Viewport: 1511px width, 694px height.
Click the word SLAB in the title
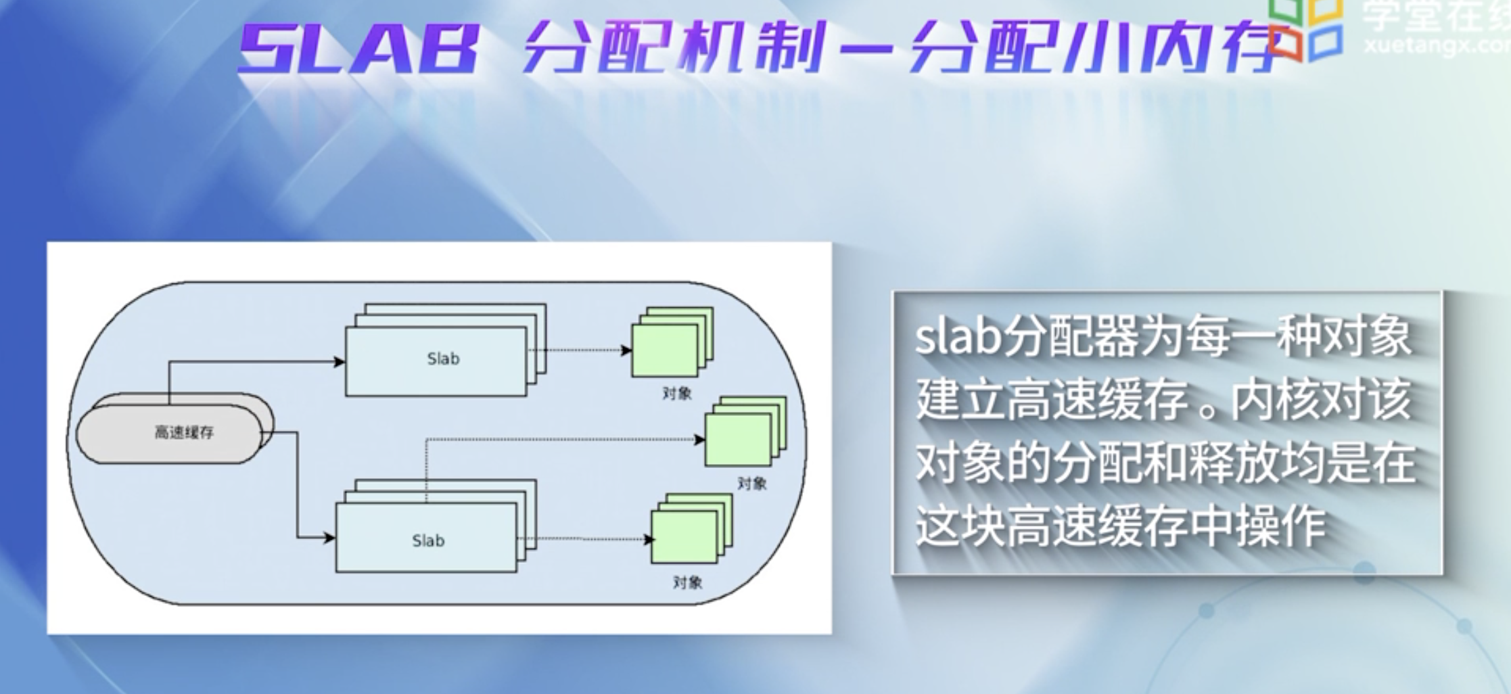click(x=358, y=49)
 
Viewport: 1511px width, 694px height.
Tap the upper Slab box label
click(x=443, y=359)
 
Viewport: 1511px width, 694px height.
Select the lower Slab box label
click(x=428, y=540)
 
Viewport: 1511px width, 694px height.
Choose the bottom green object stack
click(x=689, y=530)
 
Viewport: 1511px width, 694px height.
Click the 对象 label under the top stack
click(x=676, y=393)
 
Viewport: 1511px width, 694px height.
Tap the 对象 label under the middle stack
click(x=751, y=483)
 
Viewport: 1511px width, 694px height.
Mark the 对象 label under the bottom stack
click(x=687, y=582)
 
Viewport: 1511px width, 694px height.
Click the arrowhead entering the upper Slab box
click(x=339, y=362)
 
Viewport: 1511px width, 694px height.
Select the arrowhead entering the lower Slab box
click(x=329, y=538)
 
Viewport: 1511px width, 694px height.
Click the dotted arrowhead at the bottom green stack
click(x=649, y=539)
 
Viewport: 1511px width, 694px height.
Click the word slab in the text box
click(x=957, y=338)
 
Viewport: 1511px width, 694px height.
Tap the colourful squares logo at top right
click(x=1305, y=30)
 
